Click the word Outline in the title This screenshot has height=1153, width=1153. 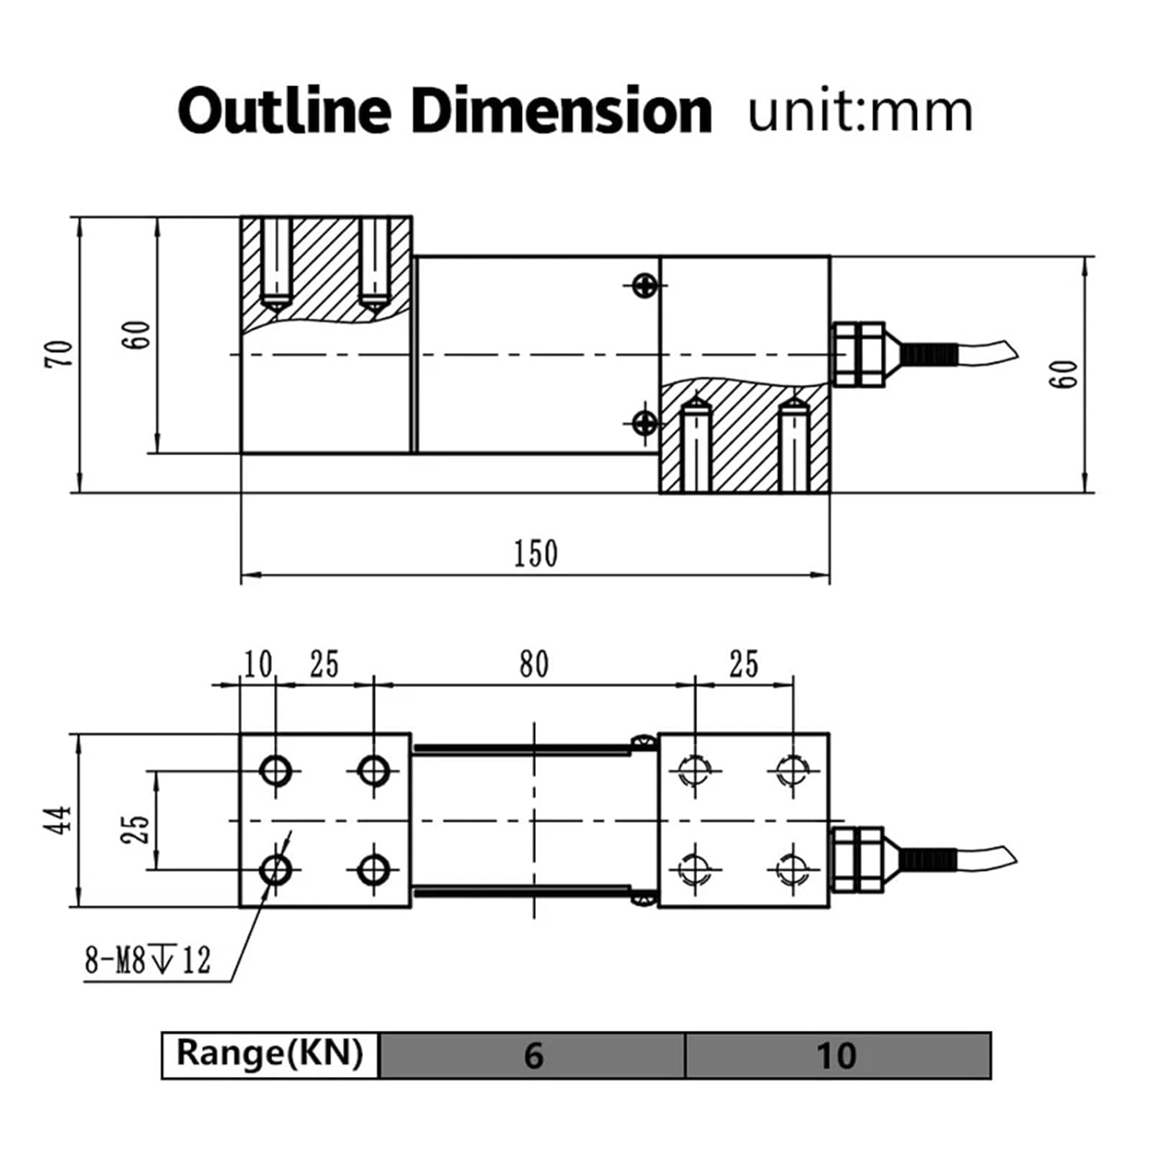pyautogui.click(x=284, y=111)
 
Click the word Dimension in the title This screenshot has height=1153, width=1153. pyautogui.click(x=560, y=111)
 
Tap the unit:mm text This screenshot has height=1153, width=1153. pyautogui.click(x=860, y=111)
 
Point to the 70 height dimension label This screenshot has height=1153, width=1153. pyautogui.click(x=59, y=354)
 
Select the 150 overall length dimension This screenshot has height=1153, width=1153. pyautogui.click(x=536, y=553)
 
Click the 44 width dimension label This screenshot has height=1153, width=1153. pyautogui.click(x=59, y=819)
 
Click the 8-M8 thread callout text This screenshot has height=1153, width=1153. pyautogui.click(x=147, y=960)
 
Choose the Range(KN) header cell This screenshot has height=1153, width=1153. pyautogui.click(x=270, y=1053)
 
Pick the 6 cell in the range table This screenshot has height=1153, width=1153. pyautogui.click(x=533, y=1055)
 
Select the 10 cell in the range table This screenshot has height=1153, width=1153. pyautogui.click(x=836, y=1055)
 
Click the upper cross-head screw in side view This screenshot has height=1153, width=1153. pyautogui.click(x=645, y=286)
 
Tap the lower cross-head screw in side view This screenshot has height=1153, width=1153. pyautogui.click(x=645, y=422)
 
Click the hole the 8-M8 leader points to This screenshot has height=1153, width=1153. pyautogui.click(x=275, y=870)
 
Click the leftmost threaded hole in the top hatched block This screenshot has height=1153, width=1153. pyautogui.click(x=275, y=261)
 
